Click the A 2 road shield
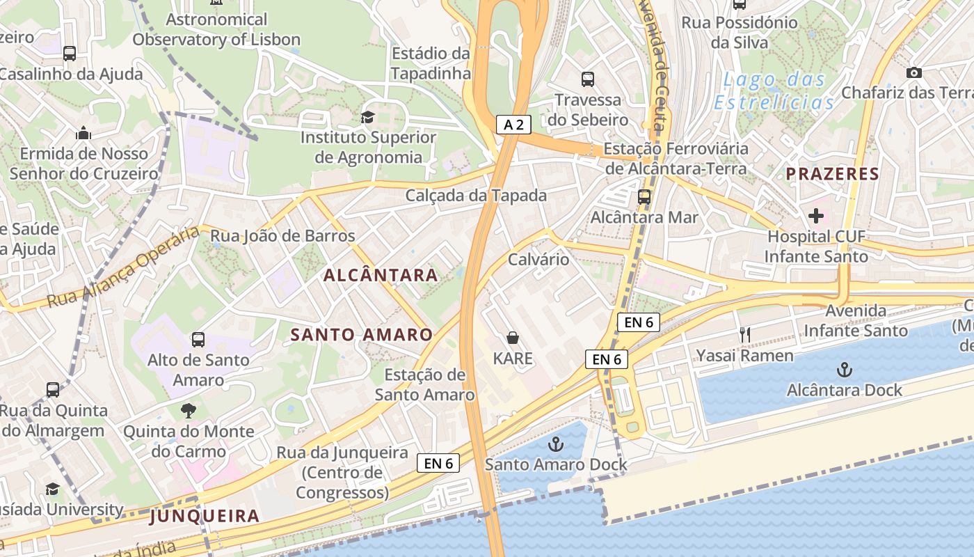(514, 125)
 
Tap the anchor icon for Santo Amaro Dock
(556, 444)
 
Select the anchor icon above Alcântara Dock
(844, 370)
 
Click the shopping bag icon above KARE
(513, 338)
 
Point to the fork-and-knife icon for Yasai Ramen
(745, 335)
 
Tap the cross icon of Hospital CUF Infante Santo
(816, 216)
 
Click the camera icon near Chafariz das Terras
(914, 72)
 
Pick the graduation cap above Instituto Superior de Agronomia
(367, 117)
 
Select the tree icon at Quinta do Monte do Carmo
(189, 411)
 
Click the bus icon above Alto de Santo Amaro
(198, 340)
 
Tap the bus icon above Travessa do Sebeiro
(588, 79)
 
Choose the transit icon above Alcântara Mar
(644, 197)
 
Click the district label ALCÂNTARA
(381, 275)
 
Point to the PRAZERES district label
(833, 174)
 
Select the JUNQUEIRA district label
(205, 516)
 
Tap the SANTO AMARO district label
(361, 335)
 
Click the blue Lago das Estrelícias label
(774, 91)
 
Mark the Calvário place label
(538, 260)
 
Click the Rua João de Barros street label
(282, 236)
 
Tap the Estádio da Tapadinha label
(431, 63)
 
